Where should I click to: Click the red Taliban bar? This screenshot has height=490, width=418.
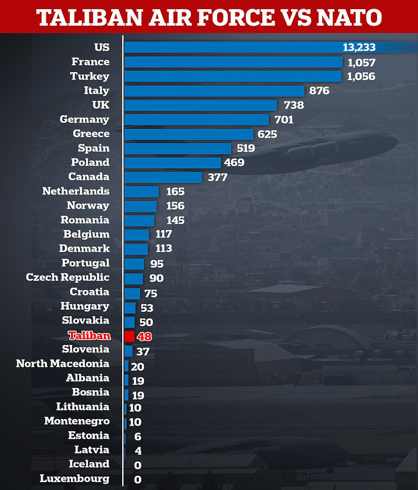[129, 336]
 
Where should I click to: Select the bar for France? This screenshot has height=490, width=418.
[233, 62]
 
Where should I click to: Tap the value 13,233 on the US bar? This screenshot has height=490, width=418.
[359, 48]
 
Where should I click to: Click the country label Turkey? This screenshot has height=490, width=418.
[90, 76]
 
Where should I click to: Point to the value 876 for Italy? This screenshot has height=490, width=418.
[320, 91]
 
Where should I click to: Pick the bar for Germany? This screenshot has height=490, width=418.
[196, 119]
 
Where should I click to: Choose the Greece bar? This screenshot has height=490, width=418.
[189, 134]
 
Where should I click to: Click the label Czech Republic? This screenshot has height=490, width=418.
[68, 277]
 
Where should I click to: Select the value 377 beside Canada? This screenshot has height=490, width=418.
[217, 177]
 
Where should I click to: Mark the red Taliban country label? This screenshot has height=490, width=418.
[89, 335]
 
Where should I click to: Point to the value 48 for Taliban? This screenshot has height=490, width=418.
[144, 336]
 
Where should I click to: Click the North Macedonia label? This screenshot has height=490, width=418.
[63, 363]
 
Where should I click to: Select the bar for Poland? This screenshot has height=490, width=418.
[172, 163]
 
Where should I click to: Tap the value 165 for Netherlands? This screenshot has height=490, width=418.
[175, 191]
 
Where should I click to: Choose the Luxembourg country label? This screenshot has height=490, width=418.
[75, 478]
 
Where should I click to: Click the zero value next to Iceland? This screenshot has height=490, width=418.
[137, 466]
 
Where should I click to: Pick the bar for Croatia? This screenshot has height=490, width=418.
[132, 293]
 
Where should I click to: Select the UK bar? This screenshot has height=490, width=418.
[200, 105]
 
